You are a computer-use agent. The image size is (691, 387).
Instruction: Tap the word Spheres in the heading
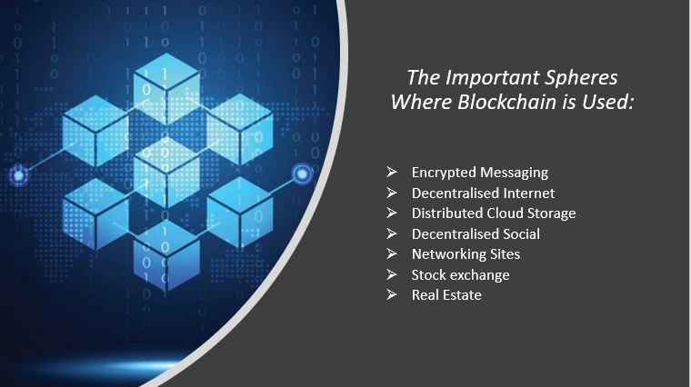(x=581, y=79)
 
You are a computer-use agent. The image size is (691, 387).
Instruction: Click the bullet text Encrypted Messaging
(x=480, y=173)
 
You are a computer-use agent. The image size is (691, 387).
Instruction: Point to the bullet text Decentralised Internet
(x=483, y=193)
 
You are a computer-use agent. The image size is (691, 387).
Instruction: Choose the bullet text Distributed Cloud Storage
(x=494, y=213)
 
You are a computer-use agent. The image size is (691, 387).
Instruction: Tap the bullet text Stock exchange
(x=461, y=274)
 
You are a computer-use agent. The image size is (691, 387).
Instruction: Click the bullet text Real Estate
(x=446, y=295)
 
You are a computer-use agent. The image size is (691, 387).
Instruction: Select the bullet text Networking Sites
(x=466, y=254)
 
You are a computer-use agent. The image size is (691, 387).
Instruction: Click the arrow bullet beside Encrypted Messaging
(x=391, y=172)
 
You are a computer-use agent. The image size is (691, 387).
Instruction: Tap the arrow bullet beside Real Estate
(x=391, y=294)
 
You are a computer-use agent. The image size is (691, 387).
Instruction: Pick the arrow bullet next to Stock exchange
(x=391, y=274)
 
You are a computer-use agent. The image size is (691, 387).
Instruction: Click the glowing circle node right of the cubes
(x=302, y=174)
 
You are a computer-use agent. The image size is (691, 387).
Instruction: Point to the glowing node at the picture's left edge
(x=18, y=175)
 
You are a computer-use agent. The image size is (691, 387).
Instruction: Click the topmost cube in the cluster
(x=166, y=89)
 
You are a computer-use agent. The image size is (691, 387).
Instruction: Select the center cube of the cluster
(x=166, y=173)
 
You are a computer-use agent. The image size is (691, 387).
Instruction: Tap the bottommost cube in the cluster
(x=166, y=255)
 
